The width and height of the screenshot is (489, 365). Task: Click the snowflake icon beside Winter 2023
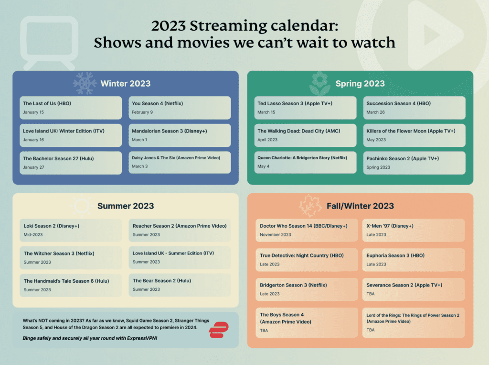tap(85, 83)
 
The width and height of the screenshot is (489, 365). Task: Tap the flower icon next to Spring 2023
tap(319, 83)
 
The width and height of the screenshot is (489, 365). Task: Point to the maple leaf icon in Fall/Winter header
tap(311, 206)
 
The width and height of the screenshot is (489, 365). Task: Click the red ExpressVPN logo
tap(219, 330)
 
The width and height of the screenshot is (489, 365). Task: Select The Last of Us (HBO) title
tap(47, 103)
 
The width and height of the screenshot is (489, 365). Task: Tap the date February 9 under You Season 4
tap(142, 112)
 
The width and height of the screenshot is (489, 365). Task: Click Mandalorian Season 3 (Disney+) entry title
tap(169, 131)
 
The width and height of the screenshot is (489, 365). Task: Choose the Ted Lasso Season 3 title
tap(295, 103)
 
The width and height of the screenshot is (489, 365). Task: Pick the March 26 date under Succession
tap(376, 112)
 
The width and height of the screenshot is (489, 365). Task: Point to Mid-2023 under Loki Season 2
tap(33, 235)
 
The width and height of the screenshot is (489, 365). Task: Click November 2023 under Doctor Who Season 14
tap(276, 235)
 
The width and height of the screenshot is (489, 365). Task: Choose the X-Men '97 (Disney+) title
tap(390, 226)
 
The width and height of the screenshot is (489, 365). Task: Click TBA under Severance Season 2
tap(371, 294)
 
